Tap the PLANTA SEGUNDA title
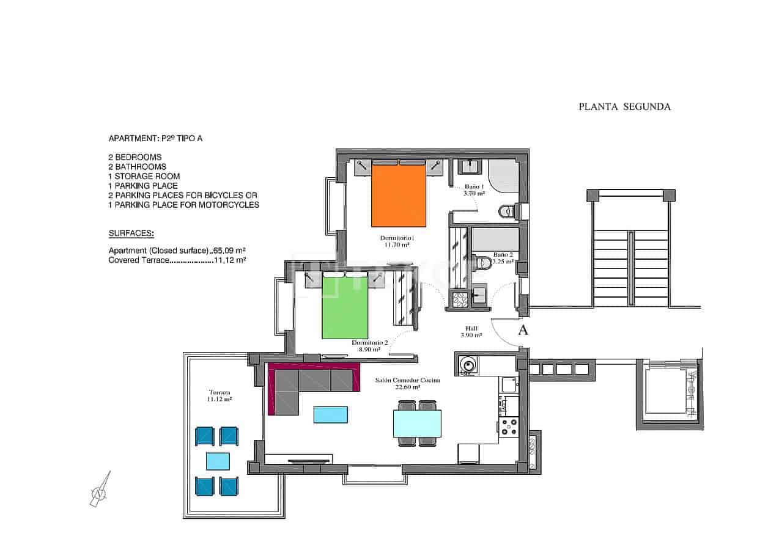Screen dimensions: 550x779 tap(624, 106)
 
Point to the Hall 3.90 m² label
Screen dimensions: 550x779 tap(471, 332)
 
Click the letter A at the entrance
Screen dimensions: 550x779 tap(523, 331)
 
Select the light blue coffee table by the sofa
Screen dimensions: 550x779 tap(331, 414)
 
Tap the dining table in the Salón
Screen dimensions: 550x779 tap(417, 423)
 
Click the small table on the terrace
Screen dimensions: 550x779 tap(218, 460)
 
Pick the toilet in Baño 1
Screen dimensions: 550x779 tap(508, 212)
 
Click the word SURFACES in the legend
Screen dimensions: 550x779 tap(131, 233)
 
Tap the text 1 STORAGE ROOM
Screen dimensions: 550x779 tap(144, 176)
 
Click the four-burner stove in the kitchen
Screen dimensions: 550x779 tap(509, 427)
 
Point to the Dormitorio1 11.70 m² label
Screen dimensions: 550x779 tap(396, 241)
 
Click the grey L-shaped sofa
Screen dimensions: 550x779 tap(300, 385)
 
